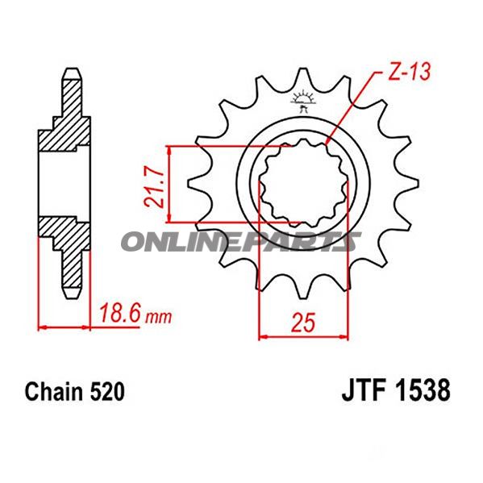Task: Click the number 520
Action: click(x=106, y=393)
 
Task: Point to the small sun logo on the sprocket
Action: click(x=304, y=100)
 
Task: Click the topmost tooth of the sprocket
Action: click(x=304, y=81)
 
